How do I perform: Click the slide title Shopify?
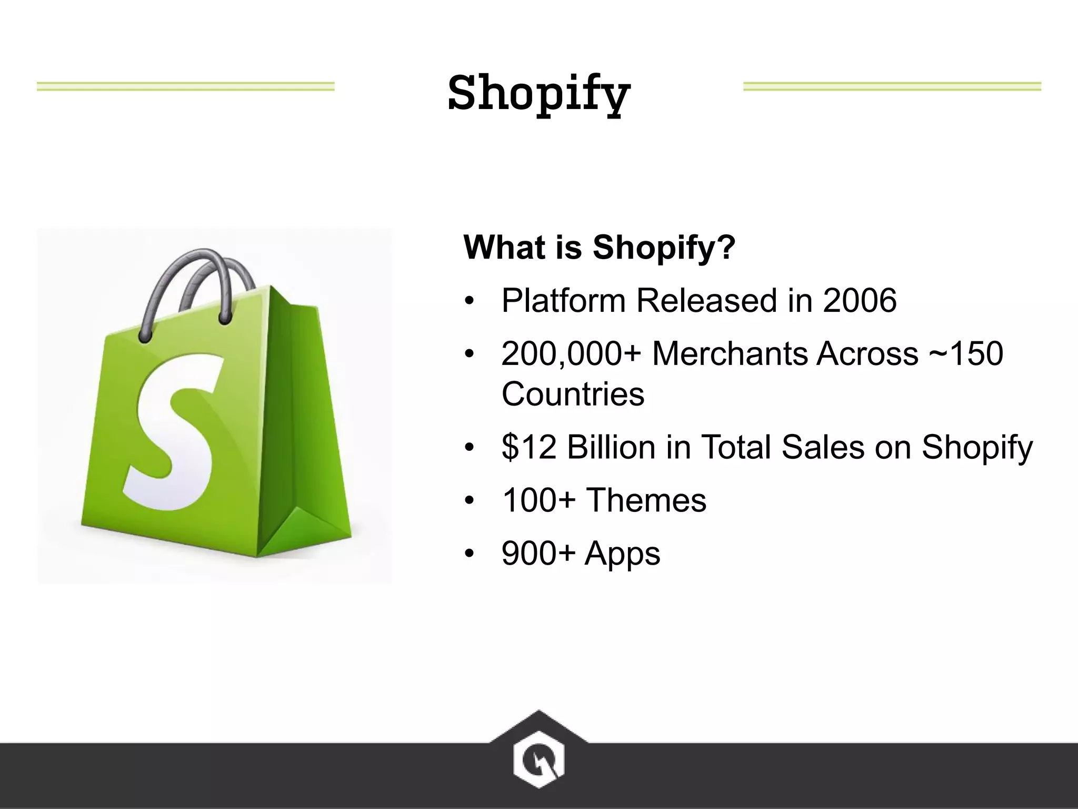[x=539, y=93]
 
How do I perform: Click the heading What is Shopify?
[x=599, y=247]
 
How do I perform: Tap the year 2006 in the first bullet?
[x=860, y=301]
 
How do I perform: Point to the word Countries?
[x=573, y=394]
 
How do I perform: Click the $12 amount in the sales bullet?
[x=529, y=447]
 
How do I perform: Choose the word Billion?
[x=611, y=447]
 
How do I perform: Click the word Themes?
[x=646, y=500]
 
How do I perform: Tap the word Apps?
[x=622, y=554]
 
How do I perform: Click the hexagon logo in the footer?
[x=538, y=760]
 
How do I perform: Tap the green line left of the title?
[x=185, y=86]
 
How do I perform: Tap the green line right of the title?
[x=892, y=86]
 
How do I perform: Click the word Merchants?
[x=731, y=353]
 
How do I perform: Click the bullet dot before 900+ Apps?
[x=470, y=554]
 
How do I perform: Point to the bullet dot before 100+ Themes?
[x=470, y=500]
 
